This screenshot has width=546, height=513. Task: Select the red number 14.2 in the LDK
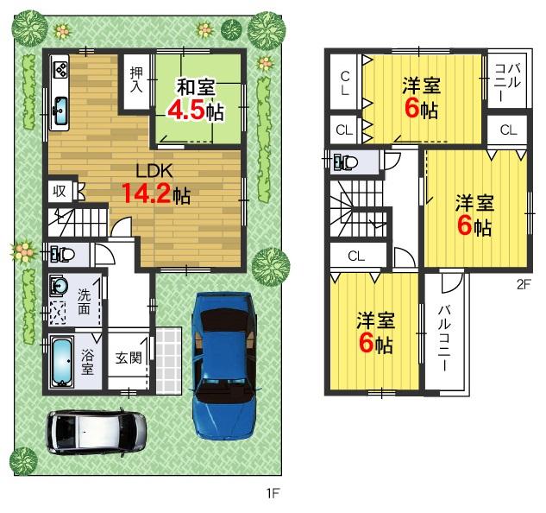pyautogui.click(x=145, y=193)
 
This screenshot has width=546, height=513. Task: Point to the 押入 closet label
pyautogui.click(x=137, y=79)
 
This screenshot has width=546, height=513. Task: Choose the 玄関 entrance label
pyautogui.click(x=128, y=358)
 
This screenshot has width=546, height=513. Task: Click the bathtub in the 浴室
pyautogui.click(x=61, y=363)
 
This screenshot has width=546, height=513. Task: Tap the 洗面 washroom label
pyautogui.click(x=85, y=301)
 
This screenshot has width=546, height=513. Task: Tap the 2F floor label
pyautogui.click(x=523, y=282)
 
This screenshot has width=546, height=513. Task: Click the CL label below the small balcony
pyautogui.click(x=507, y=131)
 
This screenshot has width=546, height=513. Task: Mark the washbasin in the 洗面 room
pyautogui.click(x=60, y=287)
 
